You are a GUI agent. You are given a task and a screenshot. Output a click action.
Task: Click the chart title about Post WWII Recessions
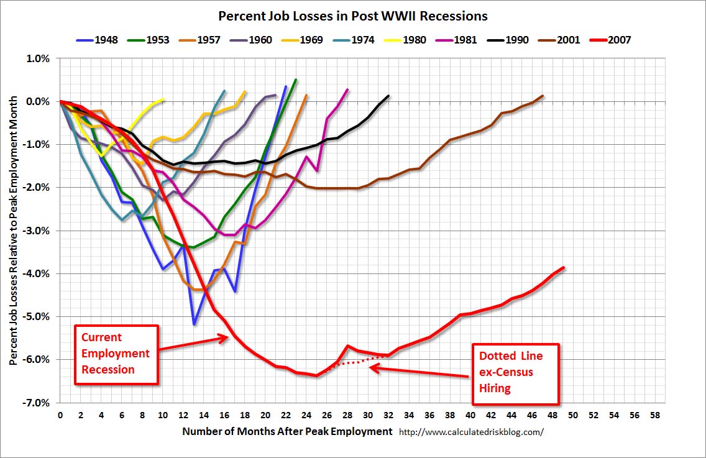(x=352, y=16)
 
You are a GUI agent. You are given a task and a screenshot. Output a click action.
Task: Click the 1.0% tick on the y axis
(x=37, y=58)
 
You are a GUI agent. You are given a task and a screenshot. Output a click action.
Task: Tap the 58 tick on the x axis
(x=654, y=414)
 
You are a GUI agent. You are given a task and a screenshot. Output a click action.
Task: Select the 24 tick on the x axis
(x=306, y=414)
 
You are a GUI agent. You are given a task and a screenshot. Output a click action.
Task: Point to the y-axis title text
(x=14, y=230)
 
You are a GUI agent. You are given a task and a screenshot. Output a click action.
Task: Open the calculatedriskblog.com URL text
(x=470, y=431)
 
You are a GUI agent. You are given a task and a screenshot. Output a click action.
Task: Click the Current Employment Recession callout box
(x=116, y=354)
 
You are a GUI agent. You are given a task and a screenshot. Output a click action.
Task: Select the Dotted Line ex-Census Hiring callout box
(x=515, y=373)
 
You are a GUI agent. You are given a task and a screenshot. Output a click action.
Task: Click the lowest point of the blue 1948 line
(x=194, y=324)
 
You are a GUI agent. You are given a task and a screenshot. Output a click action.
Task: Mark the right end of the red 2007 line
(x=564, y=267)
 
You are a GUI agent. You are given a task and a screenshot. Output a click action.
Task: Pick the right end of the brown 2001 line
(x=543, y=96)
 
